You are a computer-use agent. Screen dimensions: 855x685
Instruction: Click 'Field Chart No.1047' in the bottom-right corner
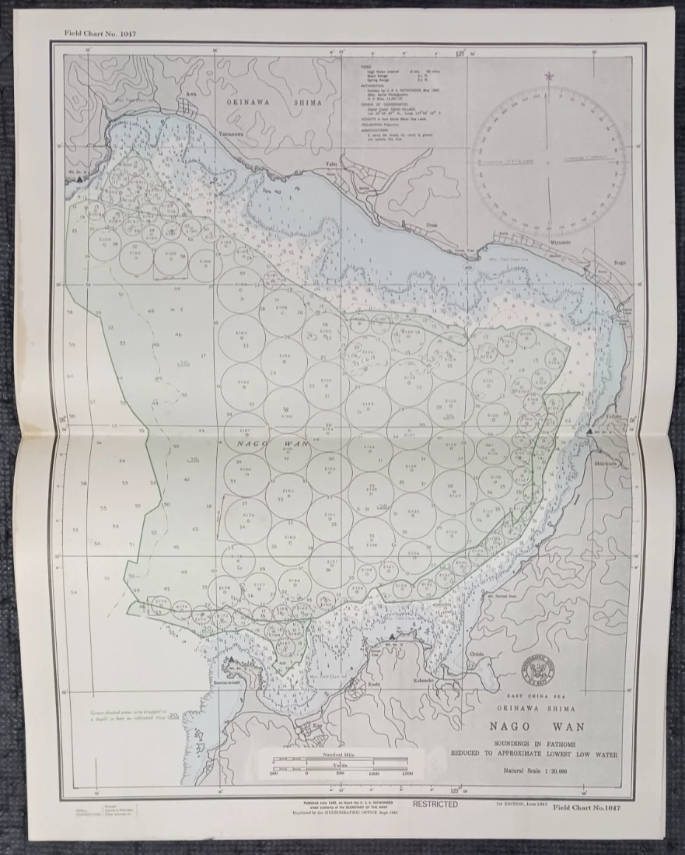(592, 808)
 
